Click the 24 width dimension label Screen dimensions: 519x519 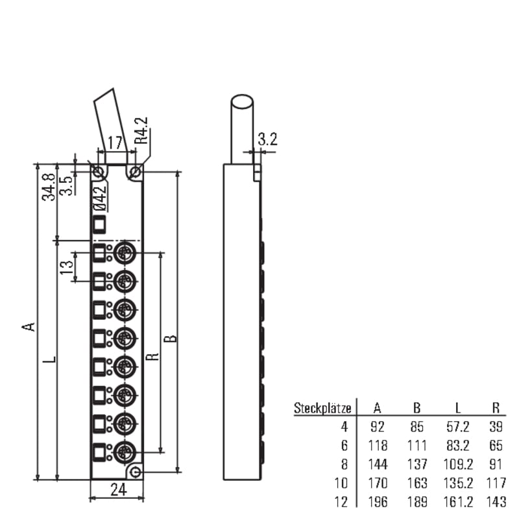coord(119,490)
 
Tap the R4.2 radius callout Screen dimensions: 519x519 coord(141,131)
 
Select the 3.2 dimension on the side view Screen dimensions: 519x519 coord(267,139)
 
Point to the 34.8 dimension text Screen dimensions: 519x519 coord(48,187)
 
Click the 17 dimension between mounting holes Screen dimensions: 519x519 coord(115,143)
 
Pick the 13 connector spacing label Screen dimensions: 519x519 coord(66,267)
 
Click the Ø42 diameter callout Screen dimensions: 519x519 coord(100,199)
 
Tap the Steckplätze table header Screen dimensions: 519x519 coord(322,408)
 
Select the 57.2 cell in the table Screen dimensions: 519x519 coord(458,427)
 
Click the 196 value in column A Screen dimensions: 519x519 coord(378,501)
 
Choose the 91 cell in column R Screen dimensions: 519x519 coord(496,465)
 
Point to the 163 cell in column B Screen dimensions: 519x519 coord(416,483)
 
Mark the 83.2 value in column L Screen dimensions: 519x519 coord(458,446)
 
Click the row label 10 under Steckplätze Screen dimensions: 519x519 coord(341,483)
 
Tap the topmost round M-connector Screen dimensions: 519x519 coord(125,254)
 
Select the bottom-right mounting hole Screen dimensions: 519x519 coord(136,472)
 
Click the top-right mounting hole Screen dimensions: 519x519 coord(135,172)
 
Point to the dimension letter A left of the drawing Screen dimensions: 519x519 coord(29,327)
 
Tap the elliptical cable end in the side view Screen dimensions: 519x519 coord(242,102)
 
